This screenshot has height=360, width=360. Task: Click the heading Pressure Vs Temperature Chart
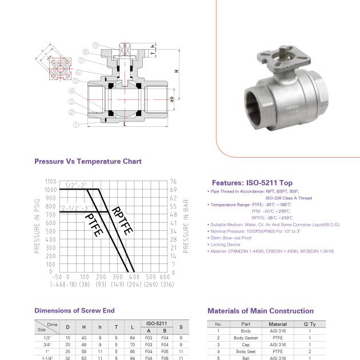[88, 162]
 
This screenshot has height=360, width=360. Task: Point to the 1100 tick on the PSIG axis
[50, 181]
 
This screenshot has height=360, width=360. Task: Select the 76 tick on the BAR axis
[174, 181]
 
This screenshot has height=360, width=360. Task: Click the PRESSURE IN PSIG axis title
[38, 226]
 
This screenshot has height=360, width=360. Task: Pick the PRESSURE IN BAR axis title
[186, 226]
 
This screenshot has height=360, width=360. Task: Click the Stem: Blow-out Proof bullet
[230, 238]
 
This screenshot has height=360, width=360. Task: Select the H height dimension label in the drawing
[177, 71]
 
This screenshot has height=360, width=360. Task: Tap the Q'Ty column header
[309, 324]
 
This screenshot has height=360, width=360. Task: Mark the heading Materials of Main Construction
[260, 311]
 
